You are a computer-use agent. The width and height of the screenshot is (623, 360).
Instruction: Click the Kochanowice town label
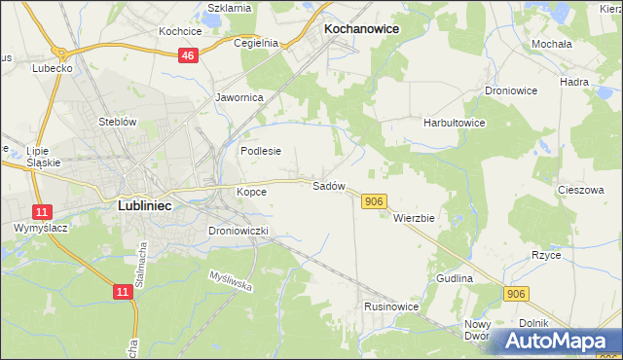point(360,29)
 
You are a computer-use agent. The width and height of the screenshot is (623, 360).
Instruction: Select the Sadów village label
point(328,185)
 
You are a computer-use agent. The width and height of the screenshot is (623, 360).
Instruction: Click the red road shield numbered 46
point(189,56)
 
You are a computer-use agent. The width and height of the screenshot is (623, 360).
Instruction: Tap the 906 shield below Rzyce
point(517,293)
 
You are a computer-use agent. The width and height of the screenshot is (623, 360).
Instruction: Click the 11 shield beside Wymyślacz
point(41,211)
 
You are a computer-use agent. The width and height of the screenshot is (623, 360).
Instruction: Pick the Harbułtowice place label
point(454,124)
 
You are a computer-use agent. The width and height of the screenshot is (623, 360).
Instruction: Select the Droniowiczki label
point(244,231)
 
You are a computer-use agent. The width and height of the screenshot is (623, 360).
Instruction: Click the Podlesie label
point(261,151)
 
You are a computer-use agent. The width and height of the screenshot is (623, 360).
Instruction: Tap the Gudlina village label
point(455,278)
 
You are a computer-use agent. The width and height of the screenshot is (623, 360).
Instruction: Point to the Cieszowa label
point(581,191)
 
